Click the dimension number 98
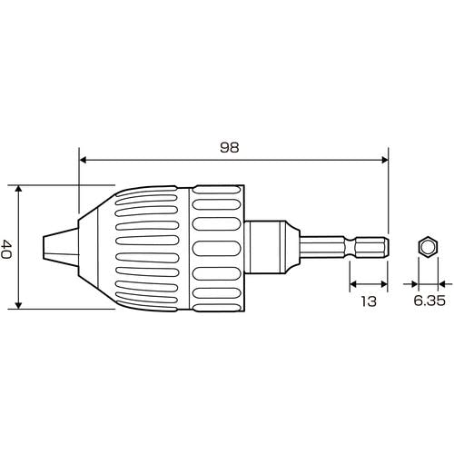(x=230, y=147)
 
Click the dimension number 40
(x=5, y=249)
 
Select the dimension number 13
(x=369, y=301)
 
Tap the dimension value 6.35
(x=429, y=301)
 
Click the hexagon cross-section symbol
(x=429, y=247)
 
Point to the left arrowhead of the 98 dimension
(x=83, y=160)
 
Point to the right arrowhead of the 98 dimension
(x=384, y=160)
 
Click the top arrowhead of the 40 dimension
(x=19, y=189)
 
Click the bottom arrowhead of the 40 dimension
(x=19, y=305)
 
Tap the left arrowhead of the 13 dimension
(x=353, y=284)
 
